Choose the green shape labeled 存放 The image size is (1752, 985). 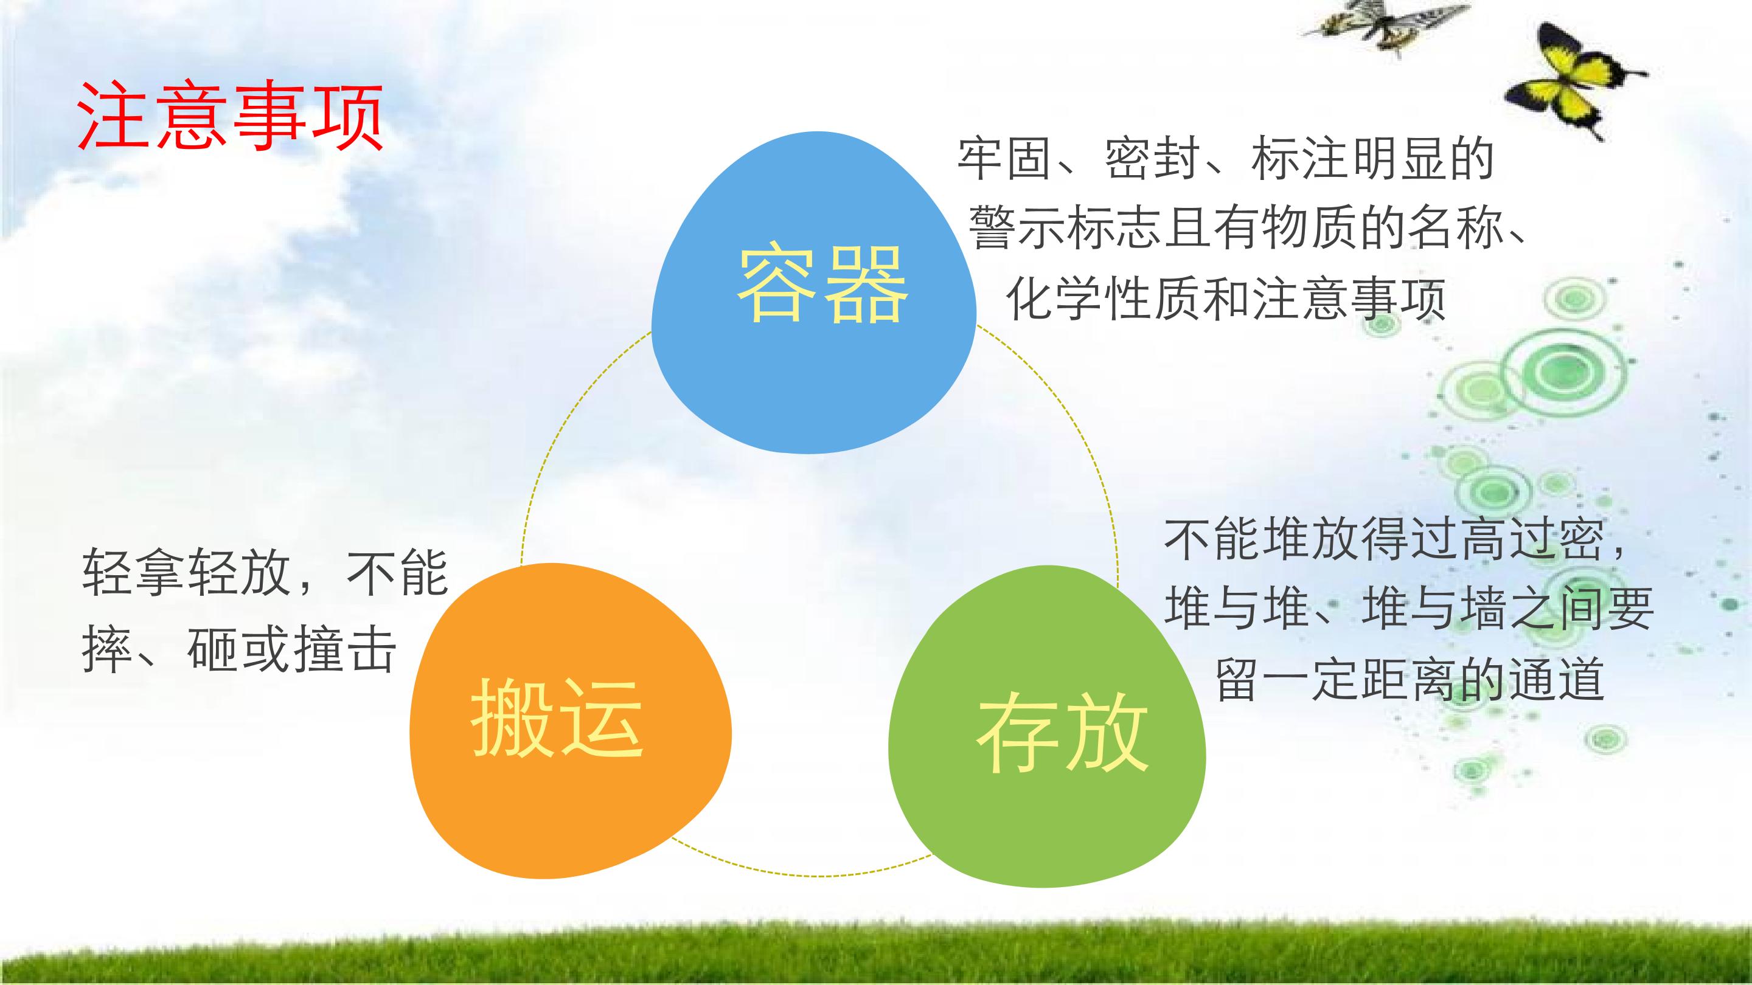click(x=1048, y=727)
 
